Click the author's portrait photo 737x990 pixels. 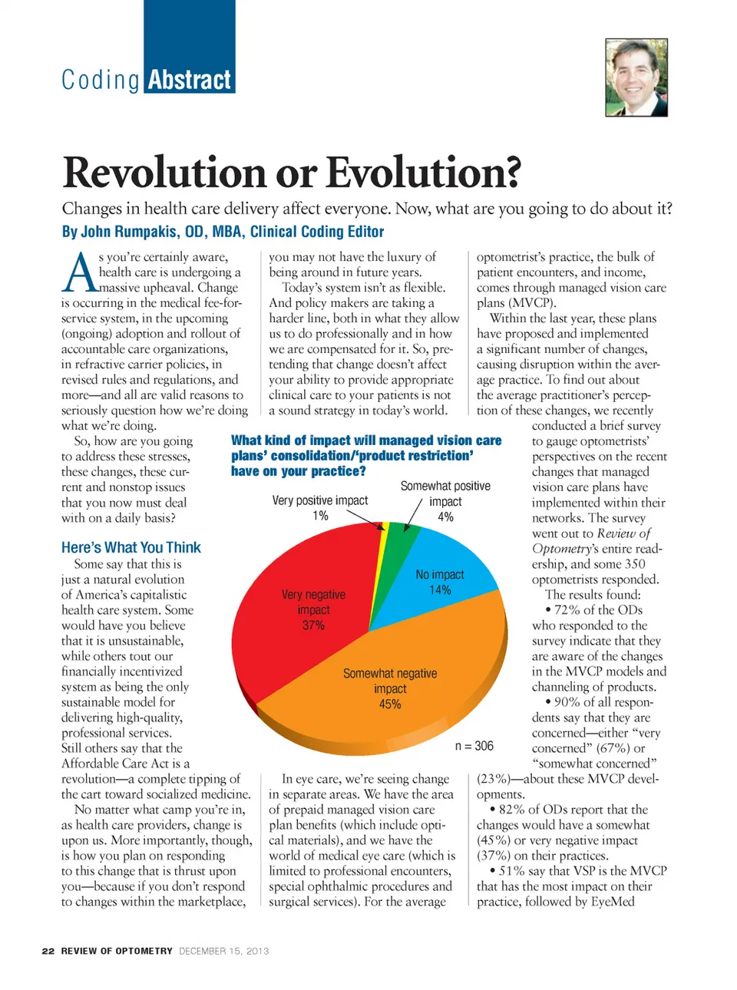click(636, 78)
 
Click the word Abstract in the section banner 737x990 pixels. click(189, 80)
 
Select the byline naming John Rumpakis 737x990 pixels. click(223, 232)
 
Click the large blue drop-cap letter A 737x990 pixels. click(79, 274)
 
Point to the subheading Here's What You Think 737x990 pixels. click(131, 547)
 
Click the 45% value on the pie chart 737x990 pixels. click(390, 704)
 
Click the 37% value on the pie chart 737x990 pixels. click(313, 625)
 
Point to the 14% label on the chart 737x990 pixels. click(440, 590)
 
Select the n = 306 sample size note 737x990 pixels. click(474, 746)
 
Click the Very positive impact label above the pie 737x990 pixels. click(320, 500)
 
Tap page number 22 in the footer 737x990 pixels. click(48, 951)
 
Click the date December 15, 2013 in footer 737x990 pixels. click(224, 951)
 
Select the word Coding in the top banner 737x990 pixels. click(101, 81)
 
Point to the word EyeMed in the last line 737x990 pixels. click(613, 902)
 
